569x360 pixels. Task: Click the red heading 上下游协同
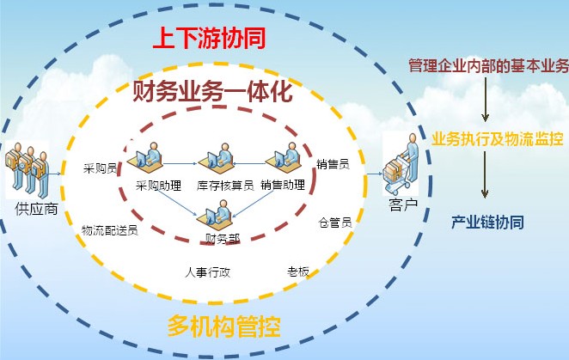coord(210,38)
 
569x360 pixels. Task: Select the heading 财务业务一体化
coord(212,91)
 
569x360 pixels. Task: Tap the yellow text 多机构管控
coord(223,326)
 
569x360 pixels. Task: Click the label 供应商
coord(37,209)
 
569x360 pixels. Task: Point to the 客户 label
coord(403,205)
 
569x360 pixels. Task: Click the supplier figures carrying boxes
coord(28,170)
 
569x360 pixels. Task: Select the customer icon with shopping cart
coord(401,164)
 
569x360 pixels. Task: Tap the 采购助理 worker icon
coord(145,159)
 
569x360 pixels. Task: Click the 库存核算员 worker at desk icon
coord(216,159)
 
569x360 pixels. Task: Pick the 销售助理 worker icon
coord(284,158)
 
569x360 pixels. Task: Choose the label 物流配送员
coord(110,230)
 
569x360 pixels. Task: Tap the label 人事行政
coord(207,272)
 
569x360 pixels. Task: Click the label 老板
coord(298,272)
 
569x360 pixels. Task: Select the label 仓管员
coord(335,222)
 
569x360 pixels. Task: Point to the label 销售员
coord(333,164)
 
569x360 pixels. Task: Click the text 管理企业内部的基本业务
coord(489,65)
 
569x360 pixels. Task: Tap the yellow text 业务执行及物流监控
coord(498,138)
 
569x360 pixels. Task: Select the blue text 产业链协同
coord(487,222)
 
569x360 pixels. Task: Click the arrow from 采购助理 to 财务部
coord(177,204)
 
